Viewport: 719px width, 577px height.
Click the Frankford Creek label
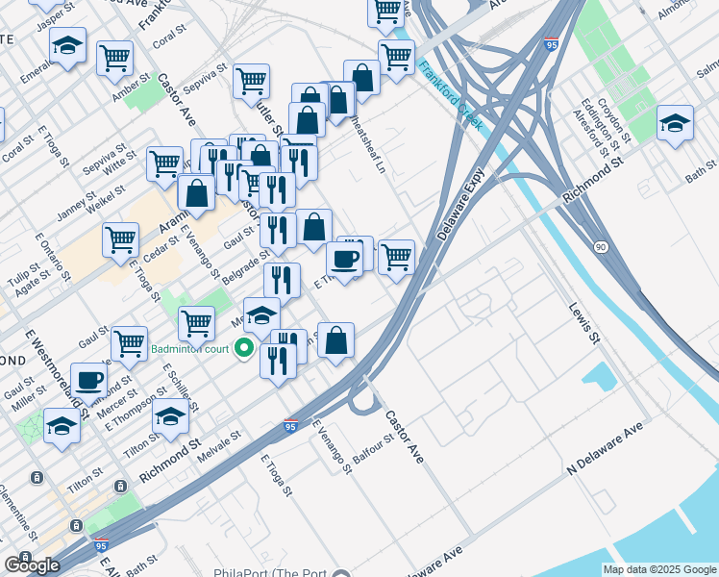451,97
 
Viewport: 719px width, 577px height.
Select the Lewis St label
583,325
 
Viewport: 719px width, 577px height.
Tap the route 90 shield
601,247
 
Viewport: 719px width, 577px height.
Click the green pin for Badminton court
245,348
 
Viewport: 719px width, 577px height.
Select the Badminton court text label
189,349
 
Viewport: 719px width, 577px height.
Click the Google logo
32,565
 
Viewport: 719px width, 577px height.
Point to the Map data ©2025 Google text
659,569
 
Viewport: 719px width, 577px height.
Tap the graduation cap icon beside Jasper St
67,44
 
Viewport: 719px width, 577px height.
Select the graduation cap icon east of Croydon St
676,122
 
